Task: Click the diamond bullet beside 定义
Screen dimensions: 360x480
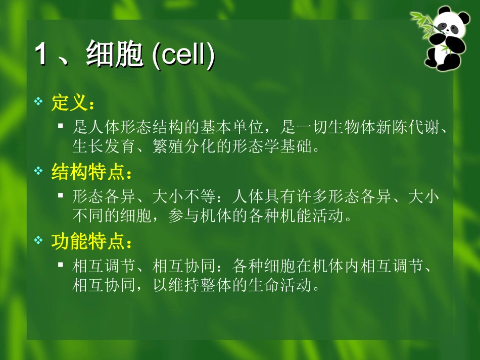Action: tap(38, 102)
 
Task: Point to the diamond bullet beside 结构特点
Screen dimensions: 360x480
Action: tap(38, 172)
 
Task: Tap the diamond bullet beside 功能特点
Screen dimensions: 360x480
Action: tap(38, 241)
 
